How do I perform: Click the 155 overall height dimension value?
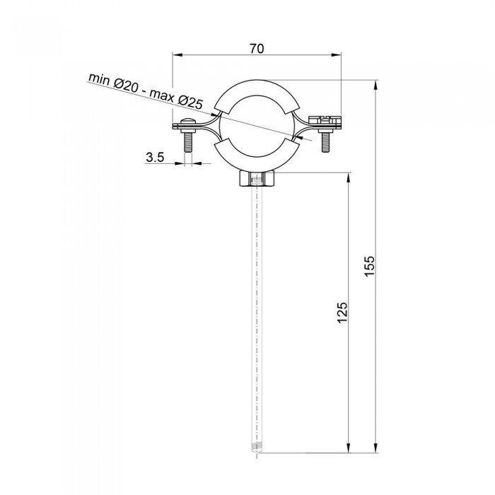click(369, 265)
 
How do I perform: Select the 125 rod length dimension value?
click(342, 312)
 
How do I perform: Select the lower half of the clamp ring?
click(257, 157)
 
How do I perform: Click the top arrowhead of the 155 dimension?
click(375, 84)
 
